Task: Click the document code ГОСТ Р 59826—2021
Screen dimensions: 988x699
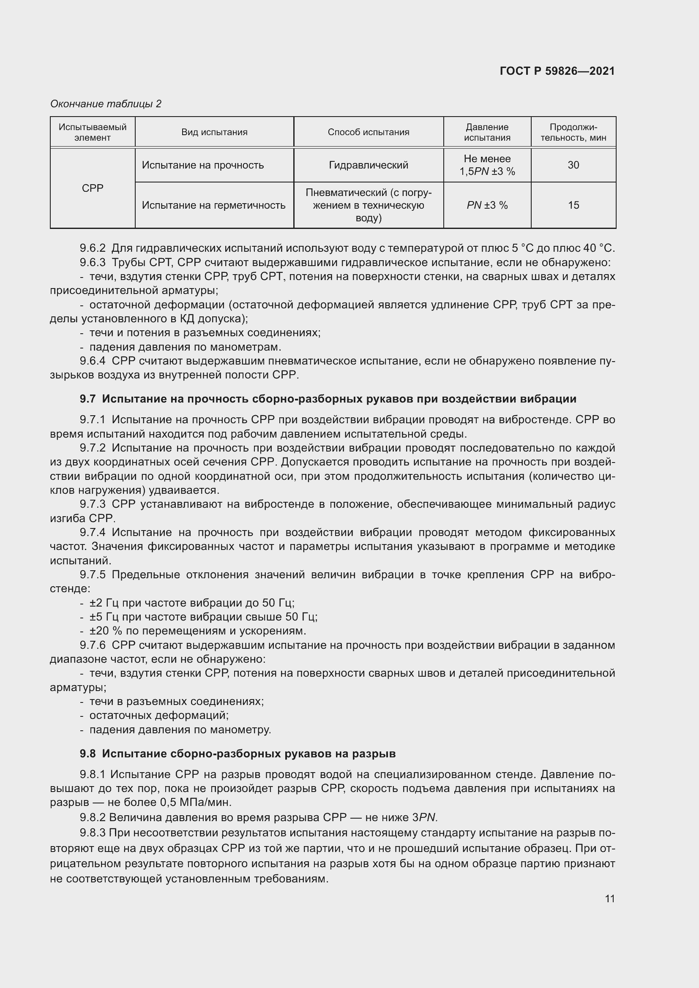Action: point(557,71)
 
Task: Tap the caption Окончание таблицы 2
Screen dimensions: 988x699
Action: point(106,104)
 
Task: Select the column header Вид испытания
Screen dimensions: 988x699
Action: point(214,132)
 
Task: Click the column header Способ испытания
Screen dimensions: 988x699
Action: point(369,132)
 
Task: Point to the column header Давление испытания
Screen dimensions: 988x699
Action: point(487,132)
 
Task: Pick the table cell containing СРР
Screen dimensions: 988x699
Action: point(93,188)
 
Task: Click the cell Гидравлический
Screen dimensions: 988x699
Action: point(369,165)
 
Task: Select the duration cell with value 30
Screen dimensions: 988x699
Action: point(573,165)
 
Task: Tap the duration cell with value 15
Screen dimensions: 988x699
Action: point(573,205)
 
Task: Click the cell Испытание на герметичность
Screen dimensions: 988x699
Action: point(214,205)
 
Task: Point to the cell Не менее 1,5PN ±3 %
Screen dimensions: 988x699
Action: point(487,165)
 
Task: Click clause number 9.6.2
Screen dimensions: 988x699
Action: point(93,248)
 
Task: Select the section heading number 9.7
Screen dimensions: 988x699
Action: point(88,399)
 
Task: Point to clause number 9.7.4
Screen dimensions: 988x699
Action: point(93,532)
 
